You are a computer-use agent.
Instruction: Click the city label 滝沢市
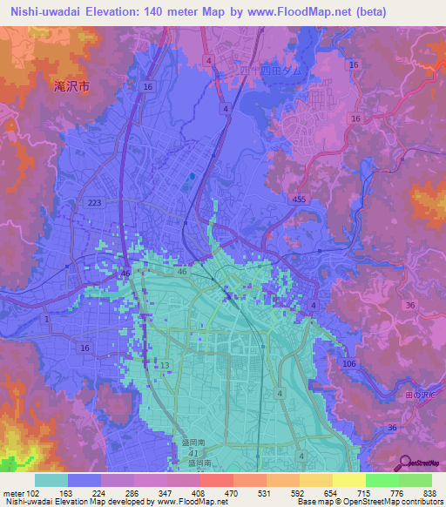point(71,86)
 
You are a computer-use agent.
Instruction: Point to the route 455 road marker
point(300,199)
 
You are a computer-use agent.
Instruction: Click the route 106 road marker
point(350,362)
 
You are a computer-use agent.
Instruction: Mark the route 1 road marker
point(46,319)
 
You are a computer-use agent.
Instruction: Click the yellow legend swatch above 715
point(348,480)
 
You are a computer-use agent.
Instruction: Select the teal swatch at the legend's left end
point(51,480)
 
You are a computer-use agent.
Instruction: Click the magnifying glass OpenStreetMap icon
point(403,466)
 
